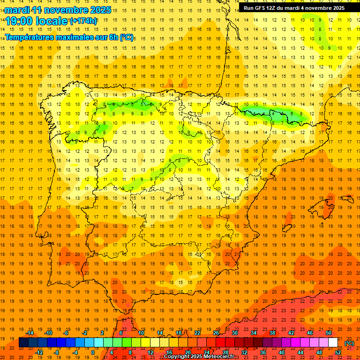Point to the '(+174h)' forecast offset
83,21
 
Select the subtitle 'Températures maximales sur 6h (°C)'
69,37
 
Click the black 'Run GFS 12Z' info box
294,8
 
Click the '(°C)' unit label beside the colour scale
349,344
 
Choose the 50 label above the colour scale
329,333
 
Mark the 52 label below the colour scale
338,352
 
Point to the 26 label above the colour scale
216,333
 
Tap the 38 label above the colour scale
272,333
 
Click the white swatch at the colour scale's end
333,343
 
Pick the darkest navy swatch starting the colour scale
23,343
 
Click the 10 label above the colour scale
141,333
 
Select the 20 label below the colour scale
188,352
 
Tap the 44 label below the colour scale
300,352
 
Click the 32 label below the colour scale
244,352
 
